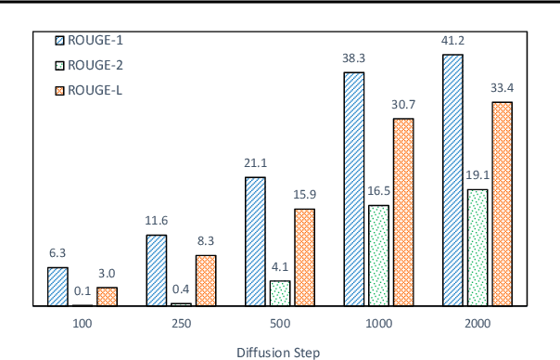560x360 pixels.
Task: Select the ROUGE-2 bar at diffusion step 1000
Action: pos(378,255)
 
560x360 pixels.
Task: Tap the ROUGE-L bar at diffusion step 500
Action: pos(304,257)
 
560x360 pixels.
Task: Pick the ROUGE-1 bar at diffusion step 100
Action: pos(57,287)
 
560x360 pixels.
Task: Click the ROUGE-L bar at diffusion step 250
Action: pos(205,280)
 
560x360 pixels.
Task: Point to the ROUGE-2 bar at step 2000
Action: pos(477,248)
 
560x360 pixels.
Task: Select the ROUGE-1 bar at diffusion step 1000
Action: pos(354,188)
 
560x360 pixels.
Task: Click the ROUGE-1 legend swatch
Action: pos(60,40)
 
